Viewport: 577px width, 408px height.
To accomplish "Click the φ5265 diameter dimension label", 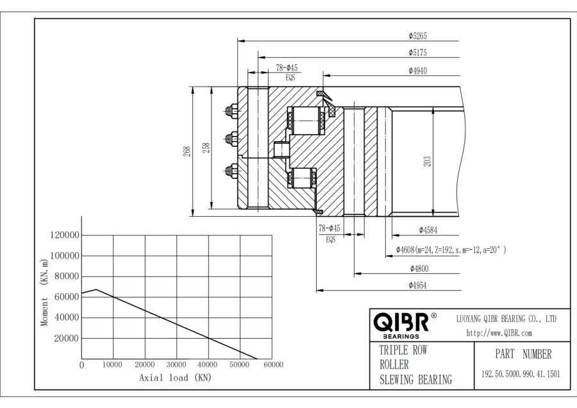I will [418, 36].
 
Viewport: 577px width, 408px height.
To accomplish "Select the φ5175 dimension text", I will [418, 53].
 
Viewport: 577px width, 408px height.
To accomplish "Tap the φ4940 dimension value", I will [418, 71].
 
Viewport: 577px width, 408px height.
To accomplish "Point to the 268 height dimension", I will [187, 151].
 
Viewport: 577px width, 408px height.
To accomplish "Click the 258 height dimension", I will [205, 148].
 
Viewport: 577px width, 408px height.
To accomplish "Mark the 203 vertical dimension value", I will [427, 162].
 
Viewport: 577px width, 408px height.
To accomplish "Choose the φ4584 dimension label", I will [428, 230].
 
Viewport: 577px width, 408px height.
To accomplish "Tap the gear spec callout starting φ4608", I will [451, 250].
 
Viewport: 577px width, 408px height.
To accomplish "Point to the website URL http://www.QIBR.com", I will [499, 333].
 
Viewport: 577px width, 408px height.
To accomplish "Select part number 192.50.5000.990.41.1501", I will [521, 374].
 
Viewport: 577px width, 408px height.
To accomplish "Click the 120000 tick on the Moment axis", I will [64, 235].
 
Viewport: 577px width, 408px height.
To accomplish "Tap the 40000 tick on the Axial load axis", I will [208, 365].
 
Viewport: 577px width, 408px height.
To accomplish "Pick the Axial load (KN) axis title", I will [175, 378].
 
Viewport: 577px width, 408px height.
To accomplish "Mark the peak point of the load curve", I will [96, 289].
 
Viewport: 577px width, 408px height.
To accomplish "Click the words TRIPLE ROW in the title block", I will [403, 350].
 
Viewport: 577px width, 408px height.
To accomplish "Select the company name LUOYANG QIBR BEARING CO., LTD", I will [506, 319].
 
